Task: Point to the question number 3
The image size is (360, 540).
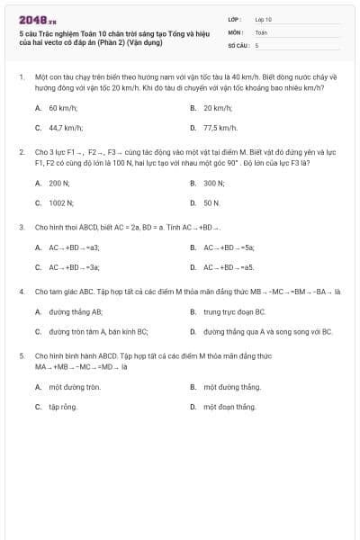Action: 22,227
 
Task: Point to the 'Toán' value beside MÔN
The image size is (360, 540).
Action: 261,31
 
